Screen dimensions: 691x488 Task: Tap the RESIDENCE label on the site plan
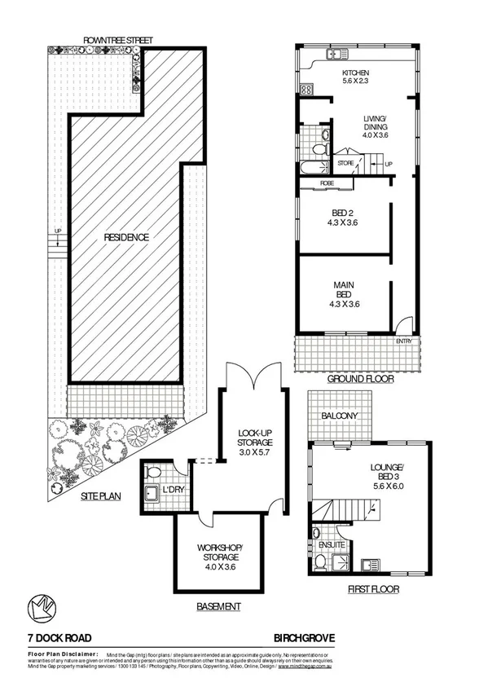[x=126, y=237]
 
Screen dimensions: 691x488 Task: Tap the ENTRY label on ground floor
[x=404, y=341]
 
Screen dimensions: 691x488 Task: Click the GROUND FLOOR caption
[x=361, y=379]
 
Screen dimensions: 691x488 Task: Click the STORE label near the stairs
[x=346, y=164]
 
